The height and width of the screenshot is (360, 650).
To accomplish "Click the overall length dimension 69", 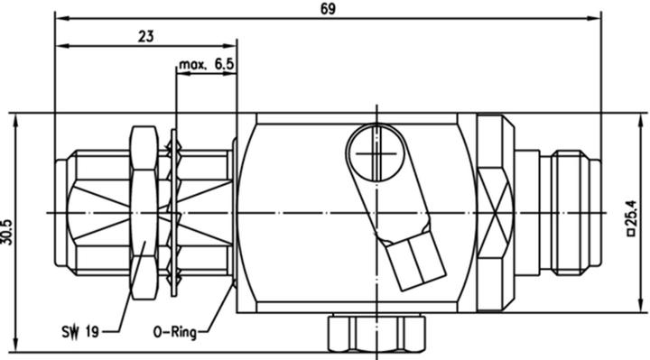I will [x=327, y=7].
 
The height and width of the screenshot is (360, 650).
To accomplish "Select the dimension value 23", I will [x=145, y=36].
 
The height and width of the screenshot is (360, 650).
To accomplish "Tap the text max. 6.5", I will [x=206, y=65].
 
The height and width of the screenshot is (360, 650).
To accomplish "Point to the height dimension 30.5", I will [x=8, y=232].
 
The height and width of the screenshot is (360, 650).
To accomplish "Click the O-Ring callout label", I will [x=178, y=331].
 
